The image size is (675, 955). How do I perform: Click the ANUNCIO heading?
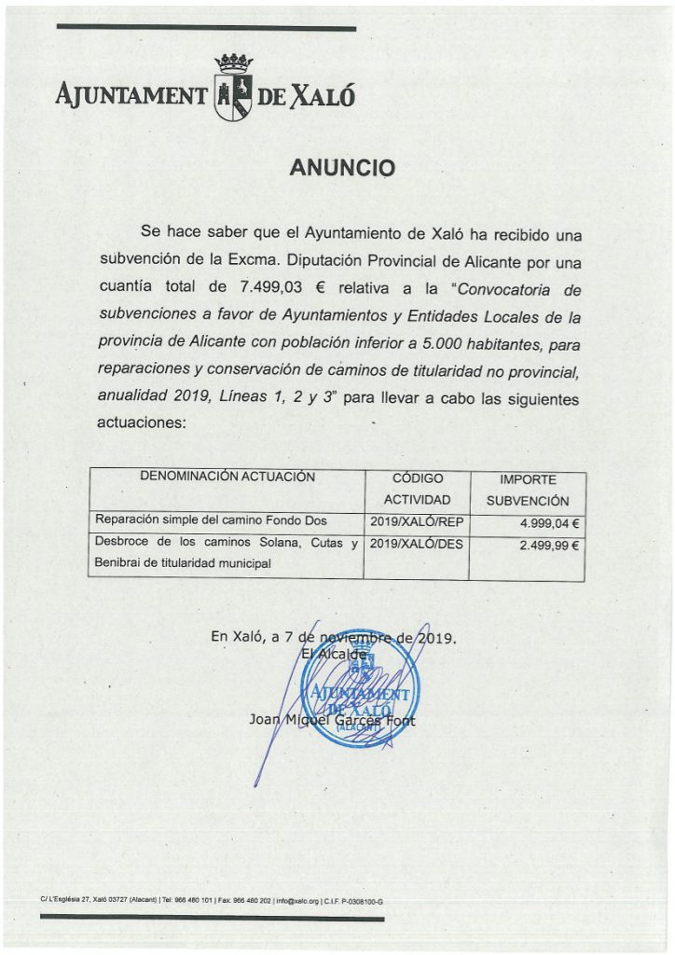342,168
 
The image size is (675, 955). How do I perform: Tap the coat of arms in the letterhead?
233,89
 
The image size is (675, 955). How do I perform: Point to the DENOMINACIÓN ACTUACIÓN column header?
227,477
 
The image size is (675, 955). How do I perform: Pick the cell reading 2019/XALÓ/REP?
417,520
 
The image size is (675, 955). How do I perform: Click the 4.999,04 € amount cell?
549,523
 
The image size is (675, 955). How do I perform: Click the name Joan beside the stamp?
267,720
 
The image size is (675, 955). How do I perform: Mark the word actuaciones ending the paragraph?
142,422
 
